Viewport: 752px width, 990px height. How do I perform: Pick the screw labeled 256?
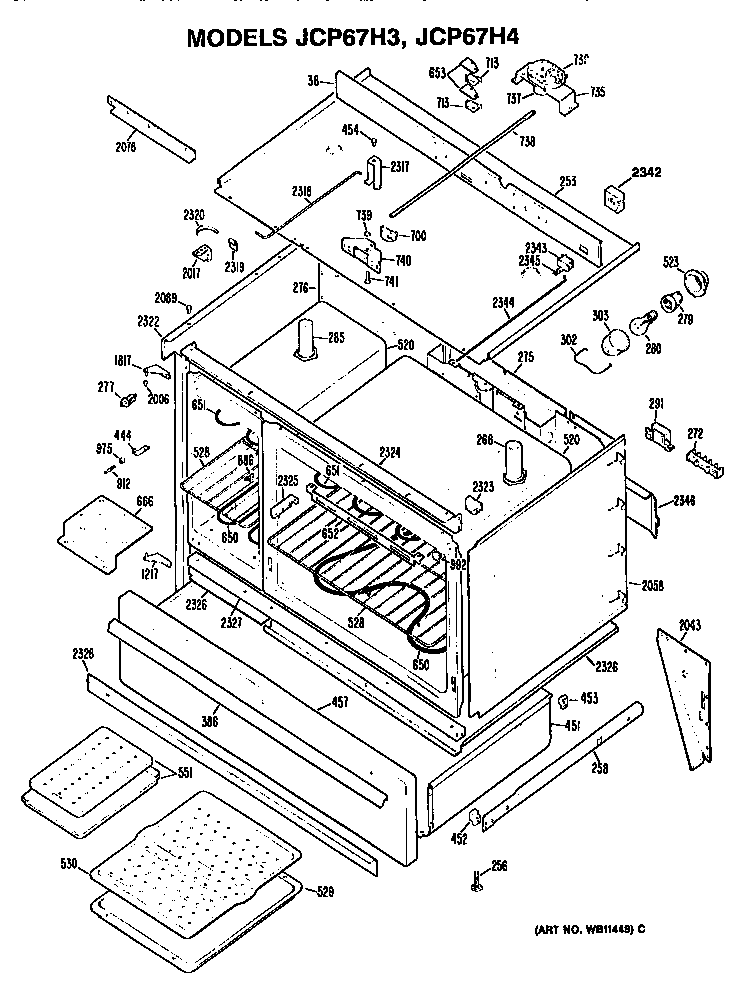click(477, 880)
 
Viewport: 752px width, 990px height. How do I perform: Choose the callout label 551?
click(184, 772)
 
